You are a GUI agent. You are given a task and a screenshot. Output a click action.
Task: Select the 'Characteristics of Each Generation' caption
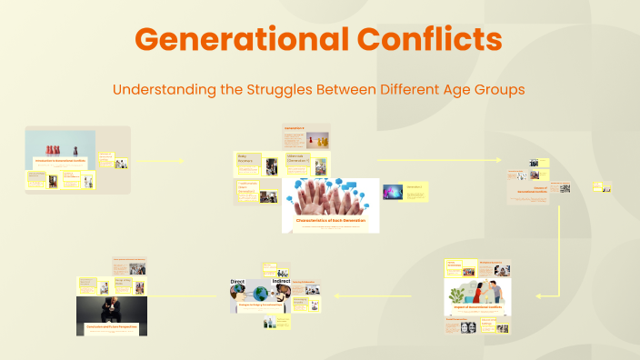pyautogui.click(x=330, y=221)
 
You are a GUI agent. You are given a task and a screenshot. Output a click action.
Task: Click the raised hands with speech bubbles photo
pyautogui.click(x=331, y=196)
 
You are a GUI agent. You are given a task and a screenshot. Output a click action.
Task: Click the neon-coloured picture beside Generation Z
pyautogui.click(x=393, y=192)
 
